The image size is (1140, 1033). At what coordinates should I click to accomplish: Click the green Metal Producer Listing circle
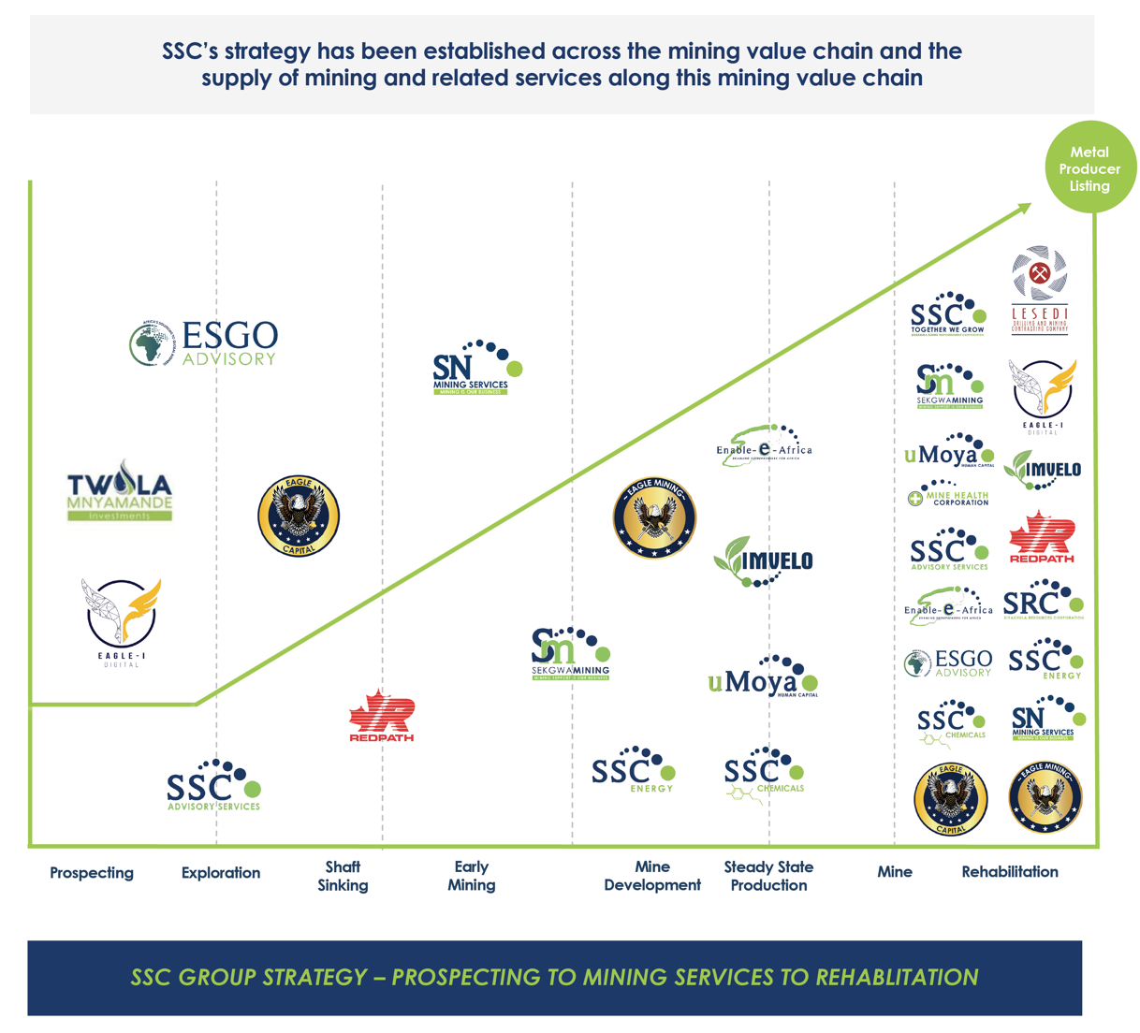tap(1089, 168)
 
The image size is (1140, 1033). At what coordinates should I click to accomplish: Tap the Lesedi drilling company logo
tap(1040, 290)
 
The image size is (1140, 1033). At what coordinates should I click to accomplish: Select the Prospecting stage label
tap(92, 872)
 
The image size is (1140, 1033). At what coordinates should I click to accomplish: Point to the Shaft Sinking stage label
tap(343, 876)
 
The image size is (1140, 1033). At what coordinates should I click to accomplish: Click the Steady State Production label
tap(768, 876)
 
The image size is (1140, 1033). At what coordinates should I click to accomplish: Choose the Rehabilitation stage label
tap(1010, 871)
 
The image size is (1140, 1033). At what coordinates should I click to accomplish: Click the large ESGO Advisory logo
tap(204, 342)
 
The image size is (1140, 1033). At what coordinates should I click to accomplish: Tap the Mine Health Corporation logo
tap(948, 495)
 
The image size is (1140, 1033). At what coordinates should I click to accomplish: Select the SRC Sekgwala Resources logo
tap(1043, 602)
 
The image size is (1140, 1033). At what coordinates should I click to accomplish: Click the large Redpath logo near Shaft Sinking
tap(382, 717)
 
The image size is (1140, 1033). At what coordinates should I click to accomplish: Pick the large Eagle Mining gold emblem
tap(654, 517)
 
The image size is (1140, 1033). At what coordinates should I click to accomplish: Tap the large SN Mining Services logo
tap(476, 368)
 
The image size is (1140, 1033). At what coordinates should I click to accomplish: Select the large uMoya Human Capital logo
tap(763, 678)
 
